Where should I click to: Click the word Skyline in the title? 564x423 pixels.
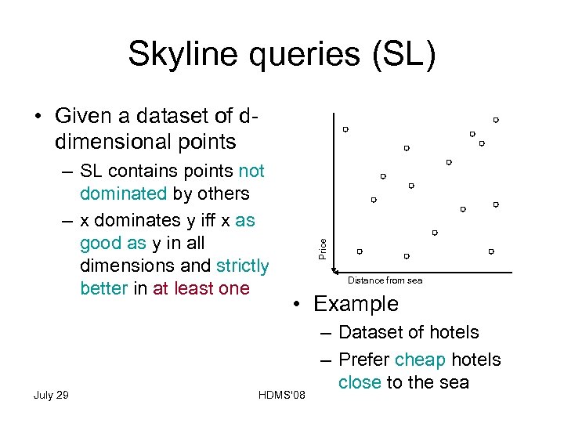pyautogui.click(x=176, y=56)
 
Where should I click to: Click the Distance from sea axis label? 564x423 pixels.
pyautogui.click(x=385, y=280)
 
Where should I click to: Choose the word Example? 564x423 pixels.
pyautogui.click(x=356, y=304)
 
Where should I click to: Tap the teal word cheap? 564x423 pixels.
pyautogui.click(x=421, y=360)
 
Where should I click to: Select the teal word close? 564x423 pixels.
pyautogui.click(x=360, y=382)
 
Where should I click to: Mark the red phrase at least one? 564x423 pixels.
pyautogui.click(x=201, y=288)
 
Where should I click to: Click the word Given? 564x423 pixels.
pyautogui.click(x=83, y=116)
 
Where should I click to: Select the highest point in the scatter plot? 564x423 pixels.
pyautogui.click(x=496, y=120)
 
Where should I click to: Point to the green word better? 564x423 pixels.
pyautogui.click(x=103, y=288)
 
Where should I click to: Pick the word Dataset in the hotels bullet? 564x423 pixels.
pyautogui.click(x=371, y=332)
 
